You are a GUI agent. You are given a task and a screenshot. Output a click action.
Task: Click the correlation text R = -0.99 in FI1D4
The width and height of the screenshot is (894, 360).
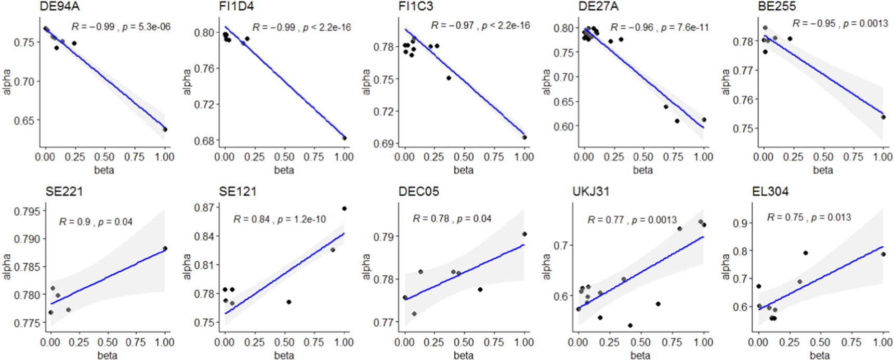click(273, 27)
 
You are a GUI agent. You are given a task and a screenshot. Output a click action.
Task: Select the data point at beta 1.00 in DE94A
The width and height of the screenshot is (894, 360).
click(165, 129)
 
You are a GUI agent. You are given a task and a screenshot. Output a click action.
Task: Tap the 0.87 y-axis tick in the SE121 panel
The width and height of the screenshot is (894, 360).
click(204, 208)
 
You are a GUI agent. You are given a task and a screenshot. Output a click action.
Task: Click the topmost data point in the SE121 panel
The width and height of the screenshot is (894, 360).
click(344, 209)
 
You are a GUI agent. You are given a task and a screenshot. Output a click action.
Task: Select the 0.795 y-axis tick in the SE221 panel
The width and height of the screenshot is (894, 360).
click(27, 211)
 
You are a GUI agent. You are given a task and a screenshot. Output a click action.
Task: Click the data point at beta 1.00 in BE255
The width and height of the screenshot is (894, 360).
click(883, 117)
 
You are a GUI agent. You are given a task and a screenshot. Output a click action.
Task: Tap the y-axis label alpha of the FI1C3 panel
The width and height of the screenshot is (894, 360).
click(366, 82)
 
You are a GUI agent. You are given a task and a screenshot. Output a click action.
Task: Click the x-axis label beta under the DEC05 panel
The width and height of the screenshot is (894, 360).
click(463, 355)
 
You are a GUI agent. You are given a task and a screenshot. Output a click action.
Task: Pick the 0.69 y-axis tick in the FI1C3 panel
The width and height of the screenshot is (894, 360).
click(384, 143)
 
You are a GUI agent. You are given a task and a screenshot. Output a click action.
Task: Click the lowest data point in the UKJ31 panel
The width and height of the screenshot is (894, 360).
click(630, 326)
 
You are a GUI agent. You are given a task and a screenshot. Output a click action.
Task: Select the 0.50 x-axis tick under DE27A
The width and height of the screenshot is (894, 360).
click(643, 157)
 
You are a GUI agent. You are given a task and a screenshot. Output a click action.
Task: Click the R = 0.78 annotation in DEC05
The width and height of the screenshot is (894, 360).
click(430, 219)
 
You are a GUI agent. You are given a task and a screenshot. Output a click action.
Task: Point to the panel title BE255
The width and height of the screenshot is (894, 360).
click(777, 7)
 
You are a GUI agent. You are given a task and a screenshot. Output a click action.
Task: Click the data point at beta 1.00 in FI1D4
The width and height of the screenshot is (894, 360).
click(344, 138)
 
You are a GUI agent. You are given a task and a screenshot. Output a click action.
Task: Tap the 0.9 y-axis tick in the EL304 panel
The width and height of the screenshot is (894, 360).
click(740, 223)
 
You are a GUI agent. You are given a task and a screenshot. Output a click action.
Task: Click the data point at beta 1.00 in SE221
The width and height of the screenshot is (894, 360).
click(165, 248)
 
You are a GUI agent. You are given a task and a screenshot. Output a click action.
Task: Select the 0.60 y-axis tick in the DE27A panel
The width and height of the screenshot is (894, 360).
click(563, 126)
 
